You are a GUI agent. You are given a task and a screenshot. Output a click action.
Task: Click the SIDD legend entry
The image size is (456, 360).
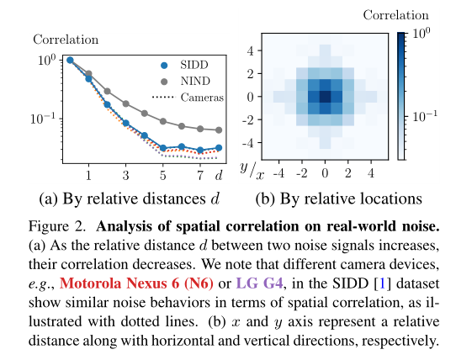(194, 64)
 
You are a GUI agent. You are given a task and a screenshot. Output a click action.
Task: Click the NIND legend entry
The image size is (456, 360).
(194, 81)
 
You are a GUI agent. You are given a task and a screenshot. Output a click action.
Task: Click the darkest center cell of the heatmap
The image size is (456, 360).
(325, 96)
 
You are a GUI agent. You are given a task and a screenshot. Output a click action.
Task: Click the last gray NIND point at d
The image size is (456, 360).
(219, 130)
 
